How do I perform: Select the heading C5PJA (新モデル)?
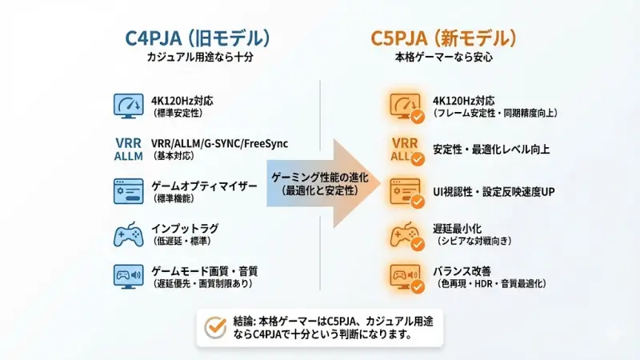point(442,38)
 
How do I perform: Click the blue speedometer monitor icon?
point(129,106)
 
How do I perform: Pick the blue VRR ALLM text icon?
point(129,150)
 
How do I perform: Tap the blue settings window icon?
point(129,191)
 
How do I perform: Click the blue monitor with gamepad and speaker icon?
point(129,276)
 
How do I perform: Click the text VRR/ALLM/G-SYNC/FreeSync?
point(219,143)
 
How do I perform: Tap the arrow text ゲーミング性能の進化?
point(314,176)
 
